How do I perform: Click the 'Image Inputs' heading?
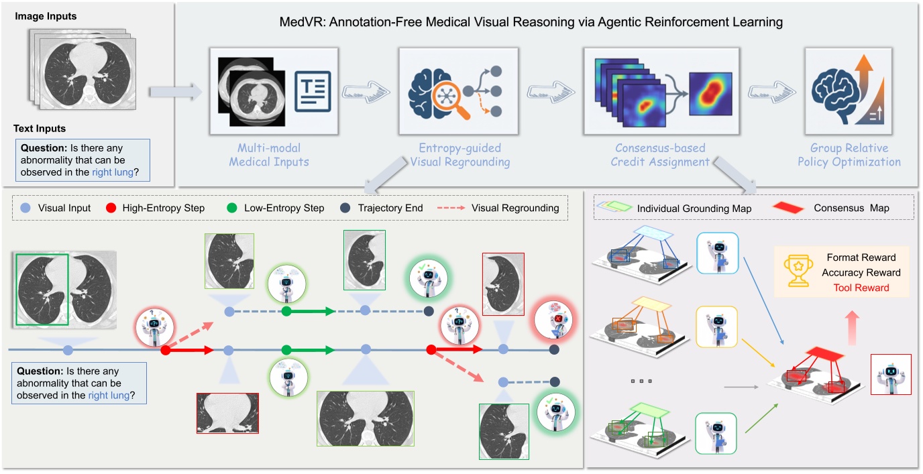point(45,16)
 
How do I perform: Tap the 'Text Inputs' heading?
point(40,128)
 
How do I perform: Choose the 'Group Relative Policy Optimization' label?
point(849,155)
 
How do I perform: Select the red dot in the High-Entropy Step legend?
point(113,208)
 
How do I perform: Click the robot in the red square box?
point(890,374)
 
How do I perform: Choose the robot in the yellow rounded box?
point(717,327)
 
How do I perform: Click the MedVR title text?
point(531,22)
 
